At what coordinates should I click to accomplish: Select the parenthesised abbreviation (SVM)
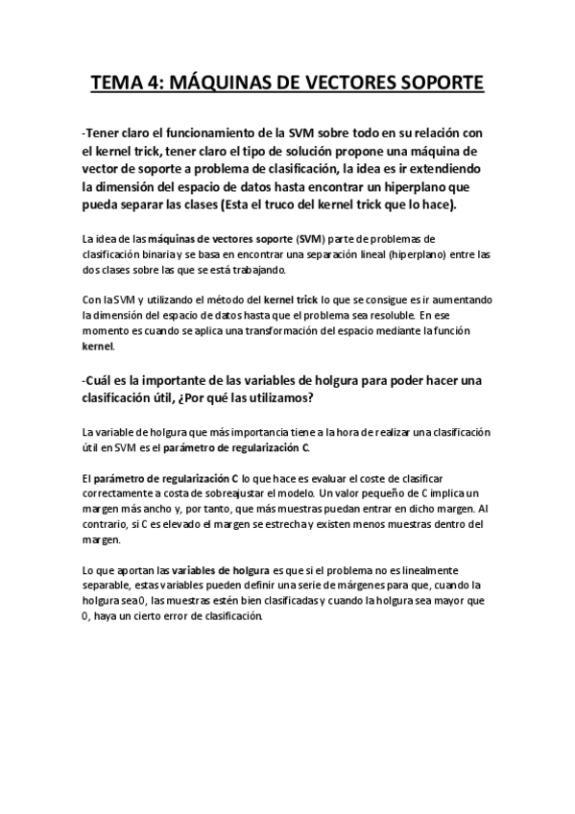[311, 239]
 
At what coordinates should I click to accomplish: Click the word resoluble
[387, 315]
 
